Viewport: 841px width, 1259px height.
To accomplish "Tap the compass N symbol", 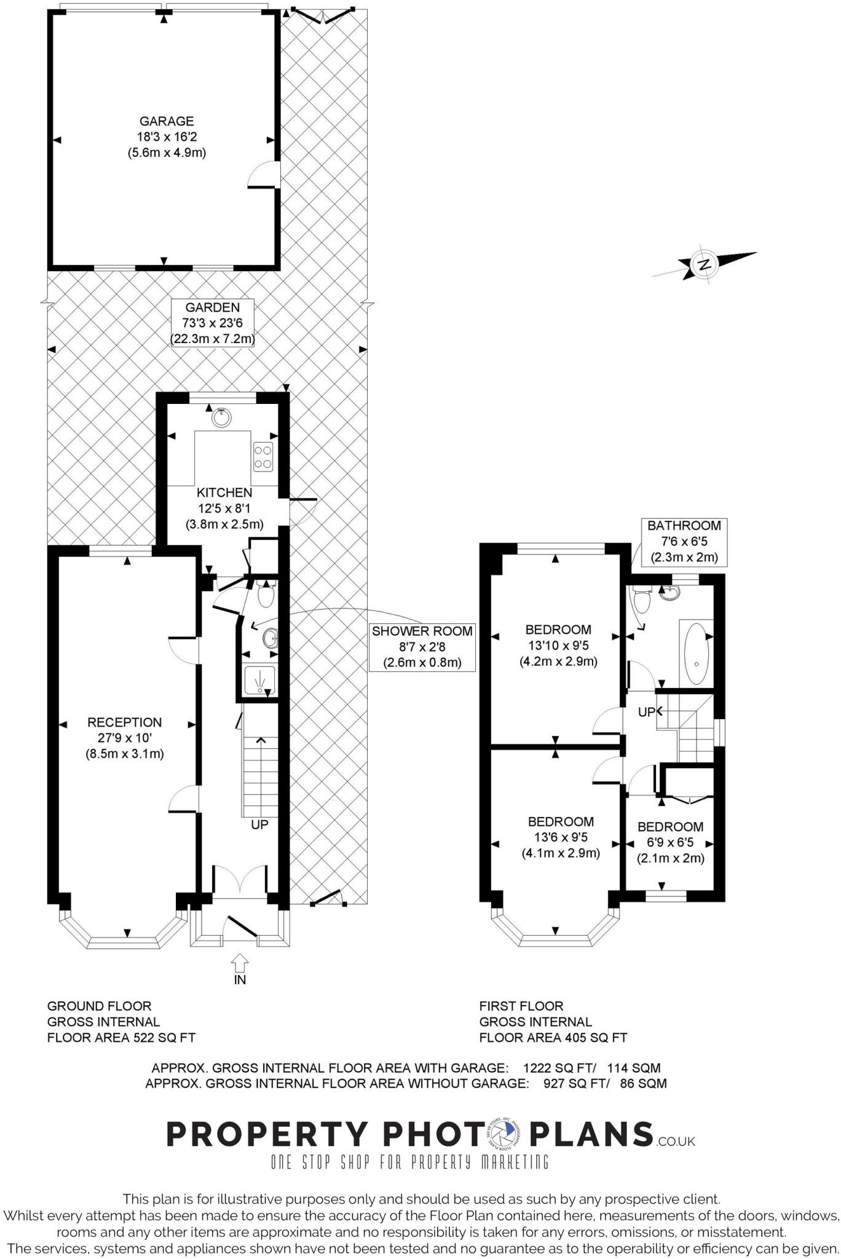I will [705, 264].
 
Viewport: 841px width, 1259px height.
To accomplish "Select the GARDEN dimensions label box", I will [212, 323].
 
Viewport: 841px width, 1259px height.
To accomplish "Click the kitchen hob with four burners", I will [263, 457].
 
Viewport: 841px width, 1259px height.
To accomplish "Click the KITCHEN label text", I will [224, 492].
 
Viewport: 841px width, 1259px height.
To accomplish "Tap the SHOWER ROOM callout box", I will [422, 647].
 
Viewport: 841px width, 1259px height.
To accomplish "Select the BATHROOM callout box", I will [684, 542].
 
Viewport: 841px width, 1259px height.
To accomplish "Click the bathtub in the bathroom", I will [697, 653].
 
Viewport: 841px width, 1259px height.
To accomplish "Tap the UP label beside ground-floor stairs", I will [259, 824].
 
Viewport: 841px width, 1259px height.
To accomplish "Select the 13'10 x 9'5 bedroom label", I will [558, 645].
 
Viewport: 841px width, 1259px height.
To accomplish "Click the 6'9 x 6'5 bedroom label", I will [670, 842].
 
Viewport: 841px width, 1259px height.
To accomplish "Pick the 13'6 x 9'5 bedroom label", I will [561, 837].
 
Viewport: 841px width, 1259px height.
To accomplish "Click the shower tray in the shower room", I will [259, 680].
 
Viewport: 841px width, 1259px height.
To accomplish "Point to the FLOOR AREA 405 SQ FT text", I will [553, 1038].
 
